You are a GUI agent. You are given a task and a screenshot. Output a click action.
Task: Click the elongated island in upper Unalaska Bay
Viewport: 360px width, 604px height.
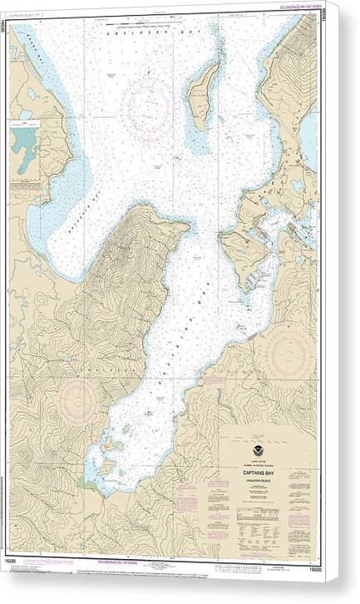click(x=200, y=96)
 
